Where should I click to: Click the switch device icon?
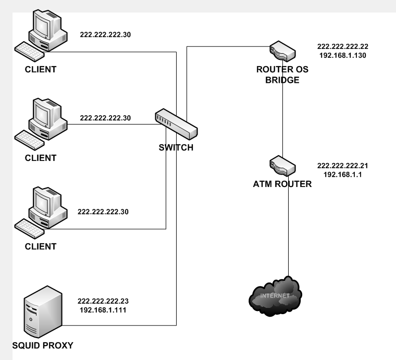(176, 122)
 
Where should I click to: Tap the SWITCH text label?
(176, 147)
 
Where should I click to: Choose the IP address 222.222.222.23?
(103, 301)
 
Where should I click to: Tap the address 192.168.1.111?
(103, 309)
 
